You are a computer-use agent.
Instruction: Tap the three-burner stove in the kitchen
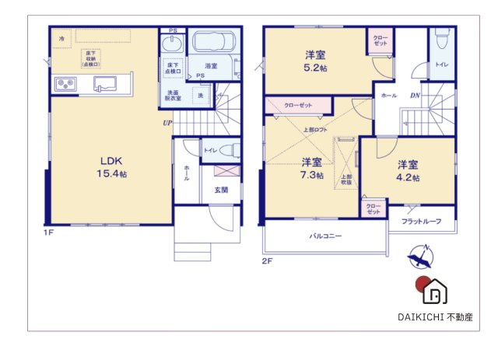65,83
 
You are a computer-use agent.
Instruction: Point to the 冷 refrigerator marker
61,37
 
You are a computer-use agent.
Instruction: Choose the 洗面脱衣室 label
173,96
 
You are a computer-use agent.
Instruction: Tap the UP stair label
167,123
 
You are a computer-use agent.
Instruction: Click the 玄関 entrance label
221,190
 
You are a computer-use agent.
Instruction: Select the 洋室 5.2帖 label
315,61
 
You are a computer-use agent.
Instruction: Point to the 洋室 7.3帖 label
312,169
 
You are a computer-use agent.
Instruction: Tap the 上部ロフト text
315,129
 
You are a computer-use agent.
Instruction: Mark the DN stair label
415,95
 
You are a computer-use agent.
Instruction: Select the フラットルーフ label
421,222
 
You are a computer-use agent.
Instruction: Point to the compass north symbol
420,256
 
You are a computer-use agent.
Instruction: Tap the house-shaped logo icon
433,289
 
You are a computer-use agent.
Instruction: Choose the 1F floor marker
48,232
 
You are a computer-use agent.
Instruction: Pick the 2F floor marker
267,261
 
